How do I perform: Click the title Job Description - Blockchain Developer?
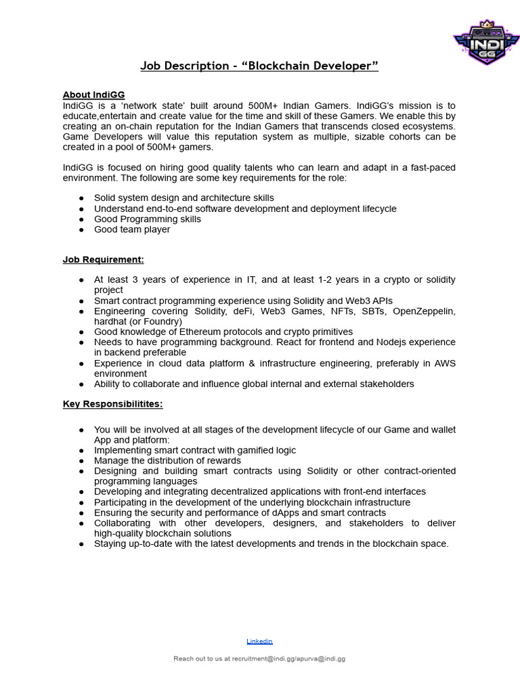pyautogui.click(x=259, y=66)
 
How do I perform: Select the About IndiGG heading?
pyautogui.click(x=93, y=95)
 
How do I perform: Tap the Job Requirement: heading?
pyautogui.click(x=103, y=259)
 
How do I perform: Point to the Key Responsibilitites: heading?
pyautogui.click(x=112, y=404)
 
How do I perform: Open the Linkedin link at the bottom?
pyautogui.click(x=259, y=641)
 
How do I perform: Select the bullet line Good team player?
pyautogui.click(x=132, y=229)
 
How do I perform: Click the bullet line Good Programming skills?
pyautogui.click(x=148, y=219)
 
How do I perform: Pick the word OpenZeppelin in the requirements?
pyautogui.click(x=424, y=311)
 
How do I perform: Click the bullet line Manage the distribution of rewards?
pyautogui.click(x=167, y=460)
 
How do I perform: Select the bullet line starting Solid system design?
pyautogui.click(x=184, y=198)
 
